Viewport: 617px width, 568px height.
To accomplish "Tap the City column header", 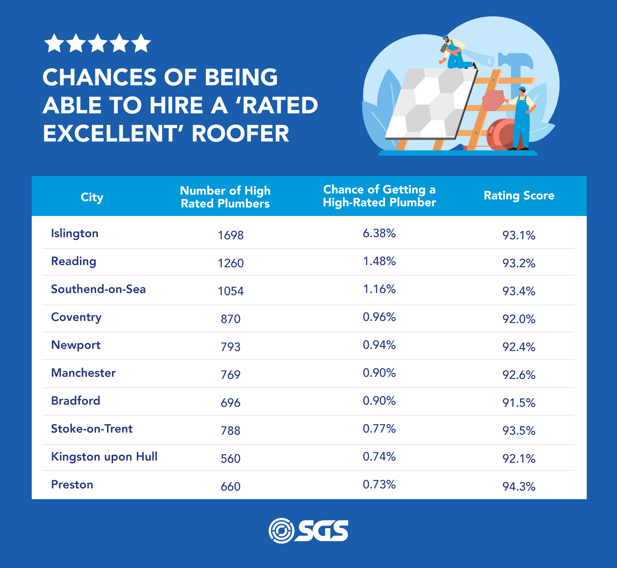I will [x=92, y=197].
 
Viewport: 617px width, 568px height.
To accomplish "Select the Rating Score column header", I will [x=519, y=195].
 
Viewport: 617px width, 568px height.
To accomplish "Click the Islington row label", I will [x=75, y=233].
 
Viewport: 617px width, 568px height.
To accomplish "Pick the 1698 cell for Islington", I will [x=231, y=235].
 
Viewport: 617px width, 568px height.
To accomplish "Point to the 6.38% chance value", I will [x=379, y=233].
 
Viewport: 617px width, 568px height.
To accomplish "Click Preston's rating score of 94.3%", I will [x=519, y=486].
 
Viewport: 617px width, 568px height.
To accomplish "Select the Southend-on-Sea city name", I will [x=98, y=289].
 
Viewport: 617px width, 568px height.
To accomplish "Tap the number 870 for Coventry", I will [x=231, y=319].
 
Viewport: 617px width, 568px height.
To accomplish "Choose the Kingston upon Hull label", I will [x=104, y=456].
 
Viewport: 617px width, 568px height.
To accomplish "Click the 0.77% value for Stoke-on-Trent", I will [x=379, y=428].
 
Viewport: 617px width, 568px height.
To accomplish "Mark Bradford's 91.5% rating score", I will [x=519, y=403].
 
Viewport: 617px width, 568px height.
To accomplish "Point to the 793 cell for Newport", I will [x=231, y=347].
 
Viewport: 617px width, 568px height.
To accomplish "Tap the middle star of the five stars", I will [x=98, y=43].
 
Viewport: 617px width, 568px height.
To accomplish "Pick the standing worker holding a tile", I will [x=522, y=119].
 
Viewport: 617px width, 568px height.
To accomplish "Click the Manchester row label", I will [x=83, y=373].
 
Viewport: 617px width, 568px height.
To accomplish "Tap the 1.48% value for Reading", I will [x=379, y=261].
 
